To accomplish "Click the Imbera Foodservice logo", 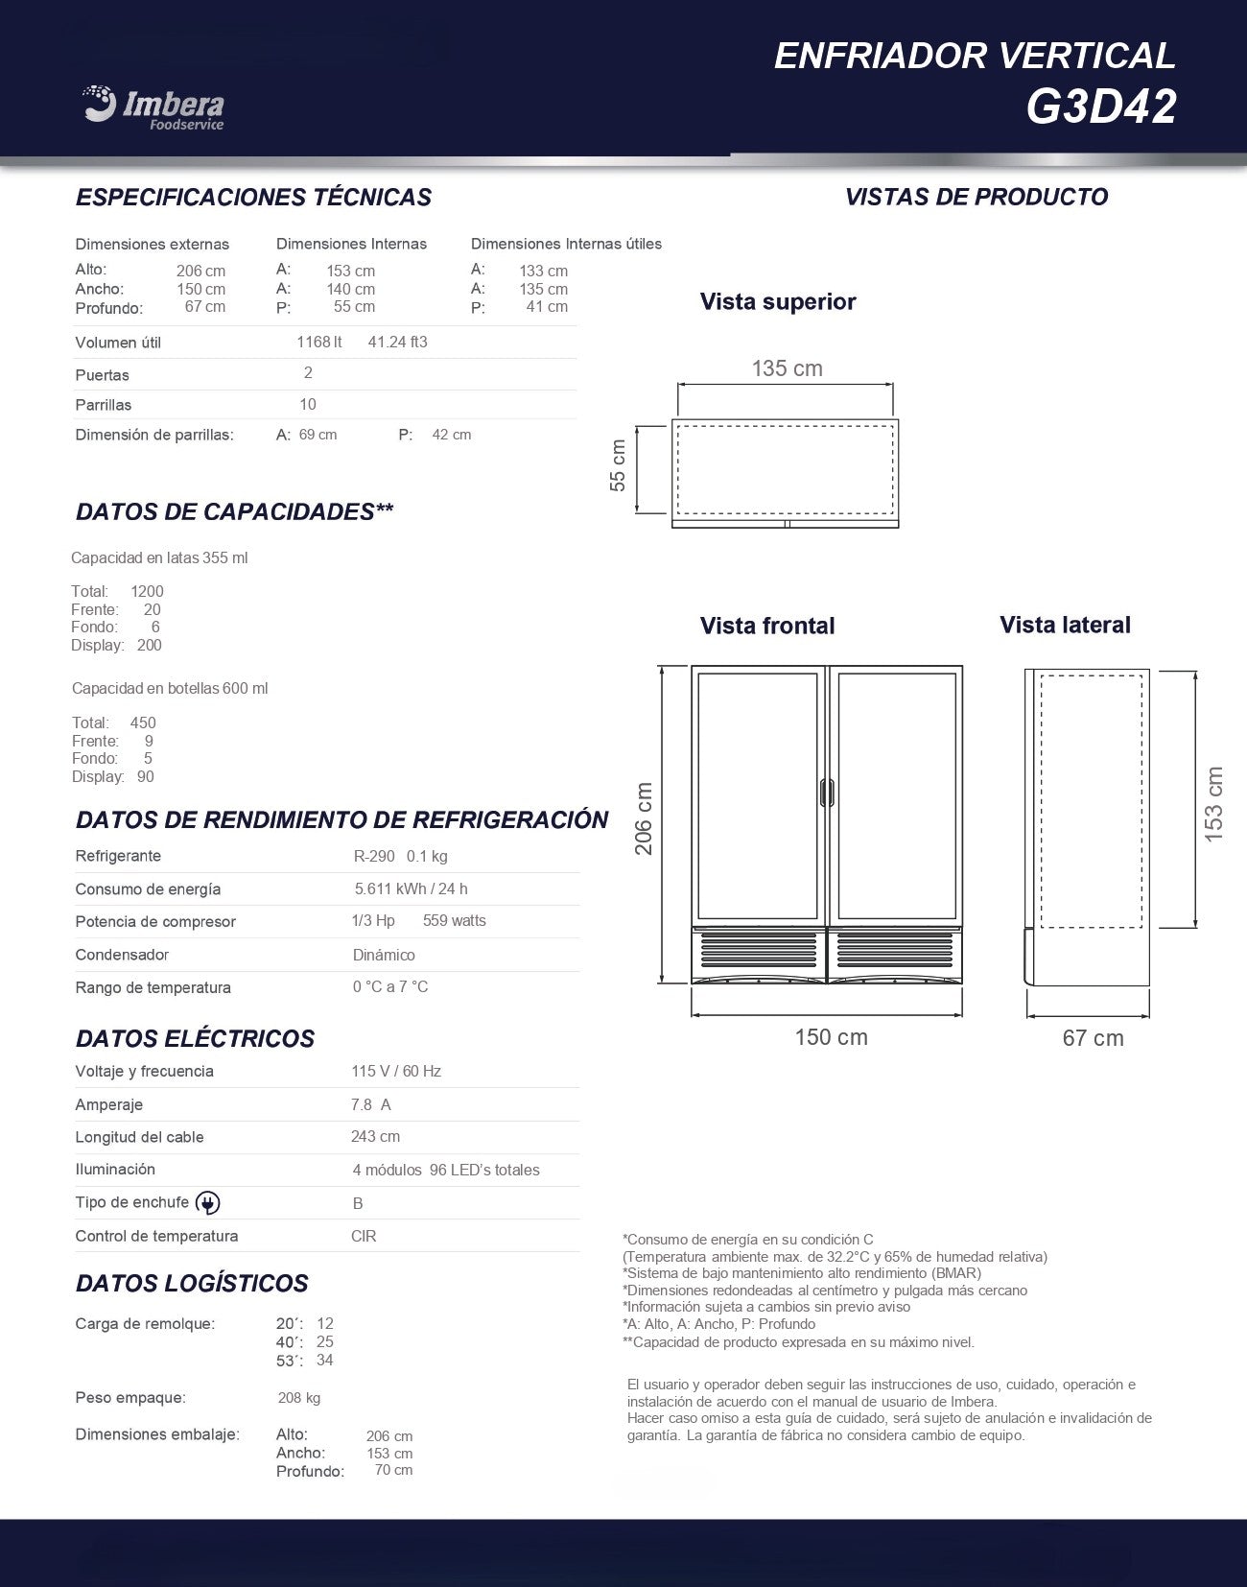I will (153, 107).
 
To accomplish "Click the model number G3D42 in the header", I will (1100, 107).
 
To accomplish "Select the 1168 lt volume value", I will (318, 343).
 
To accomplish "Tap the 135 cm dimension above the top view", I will (787, 368).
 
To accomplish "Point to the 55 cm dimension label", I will (618, 465).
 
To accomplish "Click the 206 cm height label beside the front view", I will (643, 818).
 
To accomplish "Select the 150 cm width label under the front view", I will (831, 1037).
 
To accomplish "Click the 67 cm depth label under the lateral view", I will (1093, 1038).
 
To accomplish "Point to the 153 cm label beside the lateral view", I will (1213, 804).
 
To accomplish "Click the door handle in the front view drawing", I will (827, 793).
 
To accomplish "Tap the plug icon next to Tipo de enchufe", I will (207, 1203).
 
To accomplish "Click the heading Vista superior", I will (777, 302).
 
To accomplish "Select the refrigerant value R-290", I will (374, 856).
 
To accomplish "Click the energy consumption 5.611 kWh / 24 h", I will (411, 889).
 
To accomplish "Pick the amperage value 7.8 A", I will (370, 1104).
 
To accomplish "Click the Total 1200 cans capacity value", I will (147, 591).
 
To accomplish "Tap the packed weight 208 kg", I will (298, 1398).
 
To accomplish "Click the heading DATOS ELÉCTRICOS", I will (195, 1039).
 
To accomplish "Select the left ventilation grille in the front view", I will (758, 950).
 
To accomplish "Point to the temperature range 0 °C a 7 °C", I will (389, 987).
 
